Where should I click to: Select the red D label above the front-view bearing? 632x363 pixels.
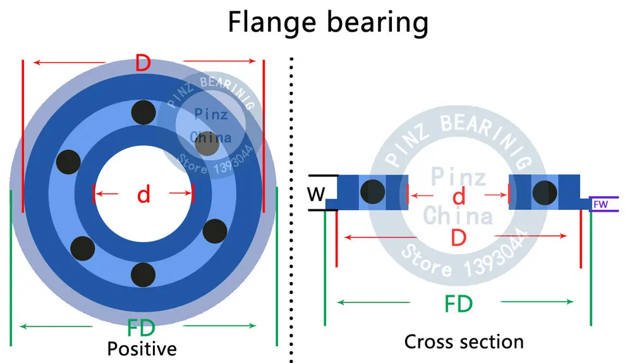143,63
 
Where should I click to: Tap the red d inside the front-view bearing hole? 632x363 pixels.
144,195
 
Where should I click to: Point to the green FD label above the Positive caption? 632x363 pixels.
141,328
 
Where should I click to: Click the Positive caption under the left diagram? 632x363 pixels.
142,348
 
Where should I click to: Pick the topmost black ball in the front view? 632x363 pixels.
143,113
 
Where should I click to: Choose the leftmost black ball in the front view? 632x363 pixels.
68,163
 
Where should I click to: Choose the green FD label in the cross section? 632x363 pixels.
458,304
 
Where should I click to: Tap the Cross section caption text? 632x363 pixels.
464,342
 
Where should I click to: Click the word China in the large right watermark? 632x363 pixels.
458,216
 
